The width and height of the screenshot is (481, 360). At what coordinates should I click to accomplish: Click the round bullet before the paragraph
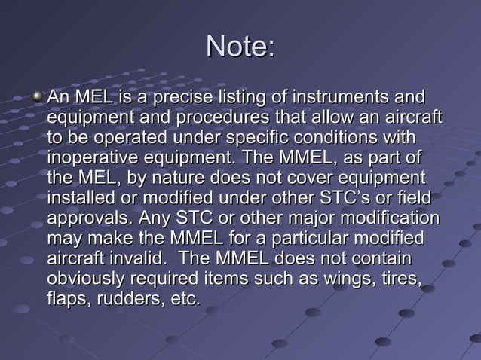[38, 97]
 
